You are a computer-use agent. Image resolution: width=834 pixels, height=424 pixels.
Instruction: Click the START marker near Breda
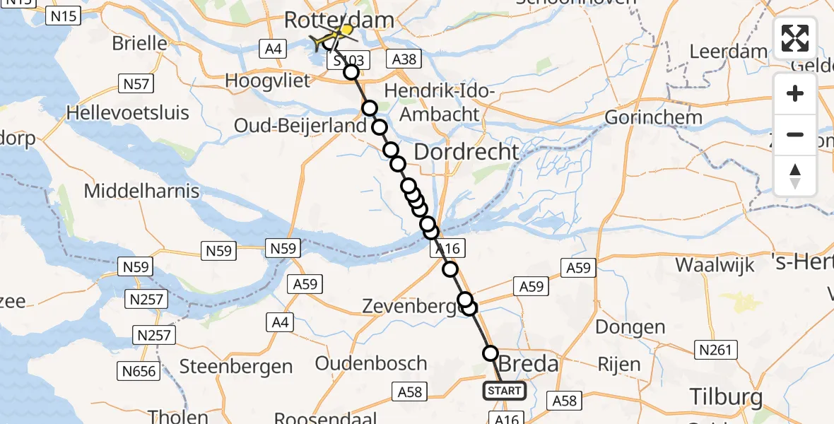click(x=505, y=391)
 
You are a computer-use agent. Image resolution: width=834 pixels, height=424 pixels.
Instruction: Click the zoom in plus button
click(x=795, y=93)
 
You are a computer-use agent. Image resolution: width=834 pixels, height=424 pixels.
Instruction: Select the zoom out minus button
click(x=795, y=134)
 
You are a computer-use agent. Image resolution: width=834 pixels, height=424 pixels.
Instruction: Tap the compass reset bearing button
click(x=795, y=175)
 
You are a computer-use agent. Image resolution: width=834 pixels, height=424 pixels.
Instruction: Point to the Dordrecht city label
click(x=466, y=151)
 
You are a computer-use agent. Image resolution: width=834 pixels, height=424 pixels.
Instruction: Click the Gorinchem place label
click(x=654, y=117)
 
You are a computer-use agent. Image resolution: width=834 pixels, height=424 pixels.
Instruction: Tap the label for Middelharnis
click(x=141, y=191)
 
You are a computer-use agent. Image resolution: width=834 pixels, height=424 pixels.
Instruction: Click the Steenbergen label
click(x=236, y=366)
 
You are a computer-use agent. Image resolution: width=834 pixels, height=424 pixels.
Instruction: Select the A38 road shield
click(x=404, y=60)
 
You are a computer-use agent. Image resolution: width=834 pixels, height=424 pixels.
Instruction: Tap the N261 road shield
click(x=717, y=349)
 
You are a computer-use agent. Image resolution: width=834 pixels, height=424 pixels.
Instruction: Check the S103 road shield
click(x=346, y=61)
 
